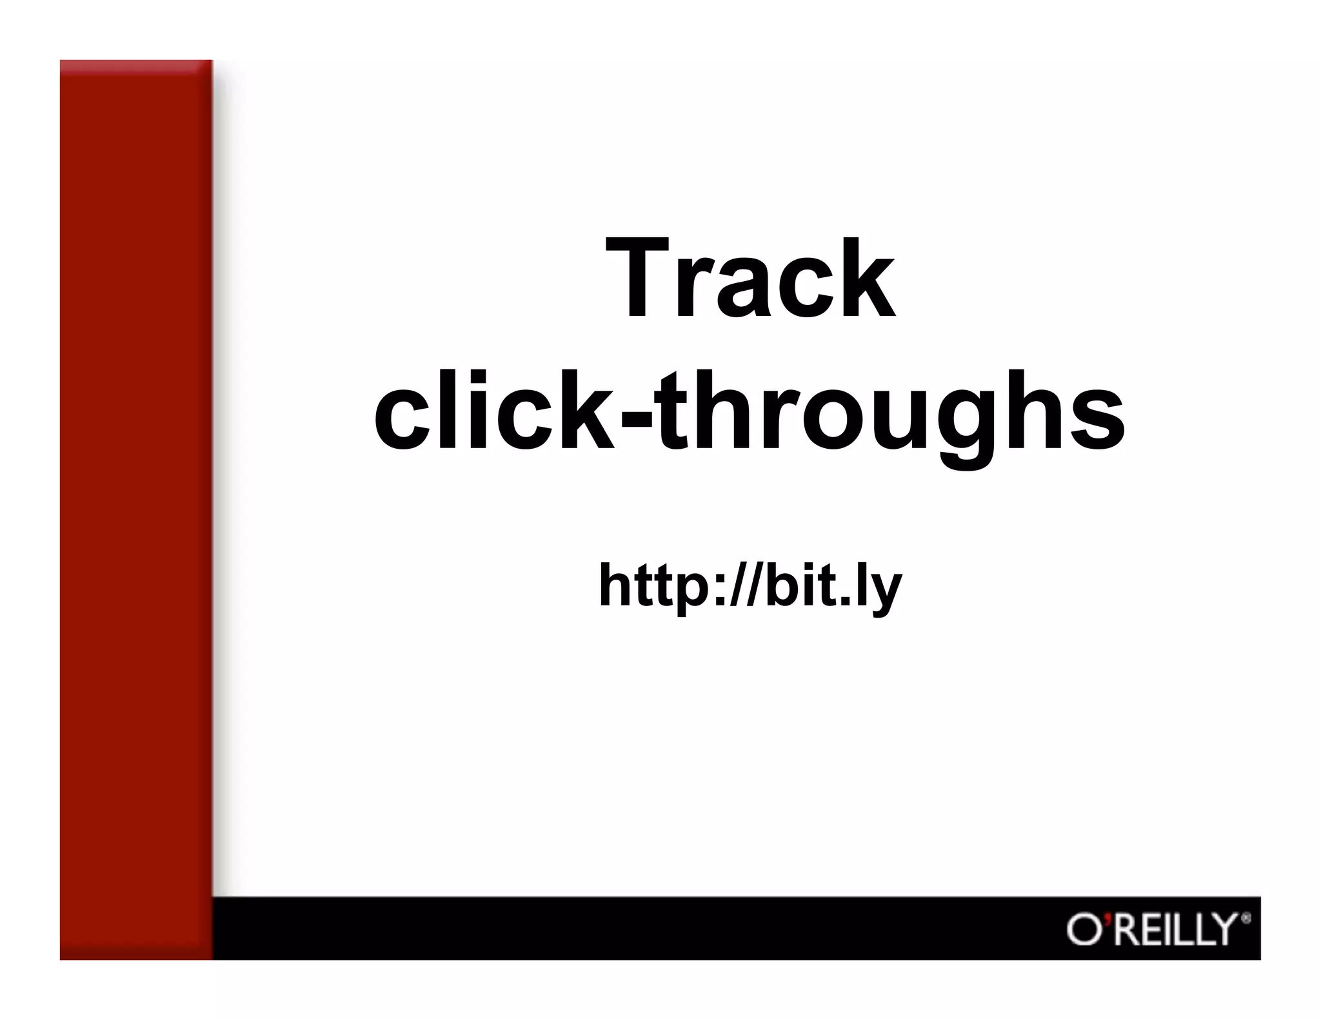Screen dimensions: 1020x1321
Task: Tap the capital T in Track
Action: coord(638,279)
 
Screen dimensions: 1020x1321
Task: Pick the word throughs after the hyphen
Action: coord(890,416)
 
